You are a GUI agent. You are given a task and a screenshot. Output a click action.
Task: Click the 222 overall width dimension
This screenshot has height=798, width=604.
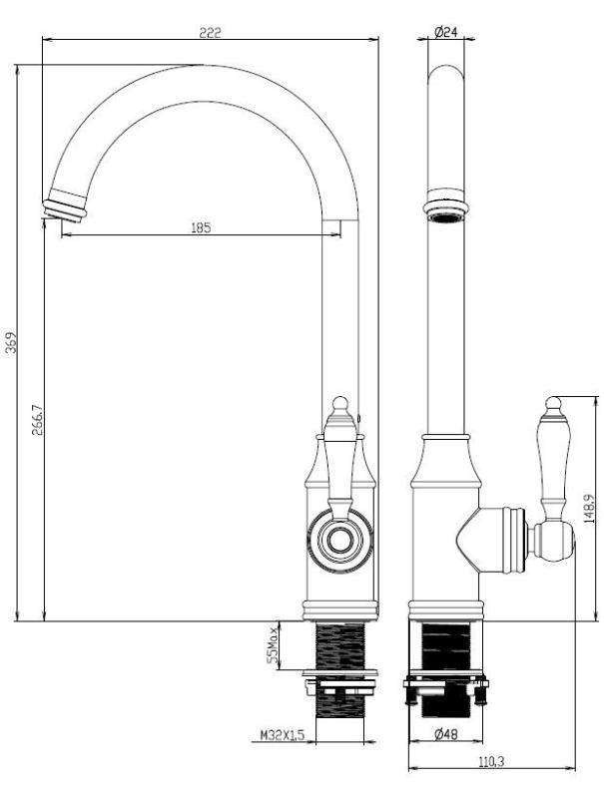[210, 33]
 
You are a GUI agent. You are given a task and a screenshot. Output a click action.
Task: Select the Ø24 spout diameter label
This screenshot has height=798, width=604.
[446, 33]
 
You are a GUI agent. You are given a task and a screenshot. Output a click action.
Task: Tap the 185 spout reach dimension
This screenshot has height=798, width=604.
[200, 227]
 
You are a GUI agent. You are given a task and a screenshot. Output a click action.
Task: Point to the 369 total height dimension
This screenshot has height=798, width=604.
[11, 344]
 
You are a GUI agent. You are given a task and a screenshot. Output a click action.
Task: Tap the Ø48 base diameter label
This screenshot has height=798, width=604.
[446, 736]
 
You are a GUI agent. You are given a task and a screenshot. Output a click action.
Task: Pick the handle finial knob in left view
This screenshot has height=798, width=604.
[340, 404]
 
